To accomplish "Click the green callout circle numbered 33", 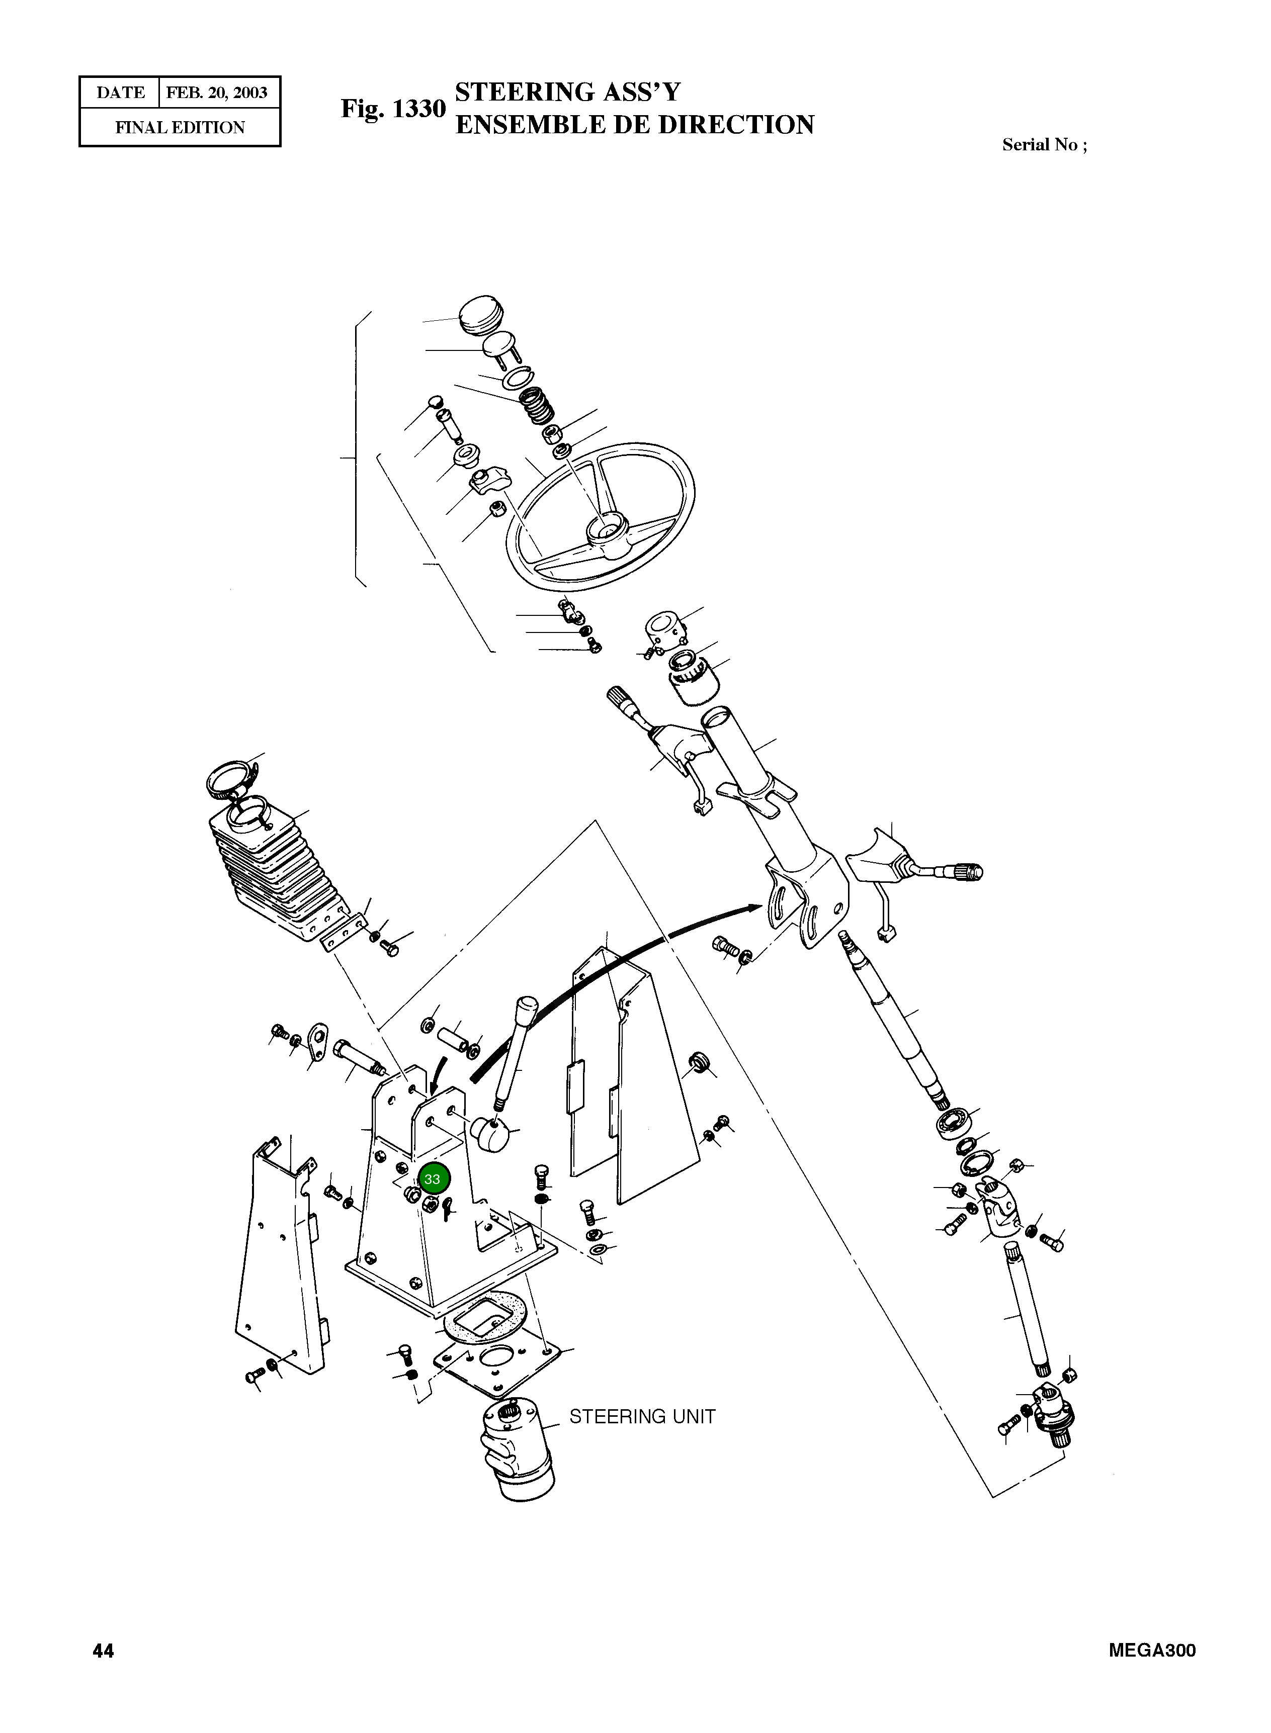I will (x=433, y=1178).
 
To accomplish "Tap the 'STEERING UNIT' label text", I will (x=642, y=1416).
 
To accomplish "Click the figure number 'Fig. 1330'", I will (x=393, y=109).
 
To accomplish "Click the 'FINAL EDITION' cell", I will (x=180, y=128).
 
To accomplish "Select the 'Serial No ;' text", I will (x=1044, y=145).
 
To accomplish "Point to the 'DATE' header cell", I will (x=120, y=93).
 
